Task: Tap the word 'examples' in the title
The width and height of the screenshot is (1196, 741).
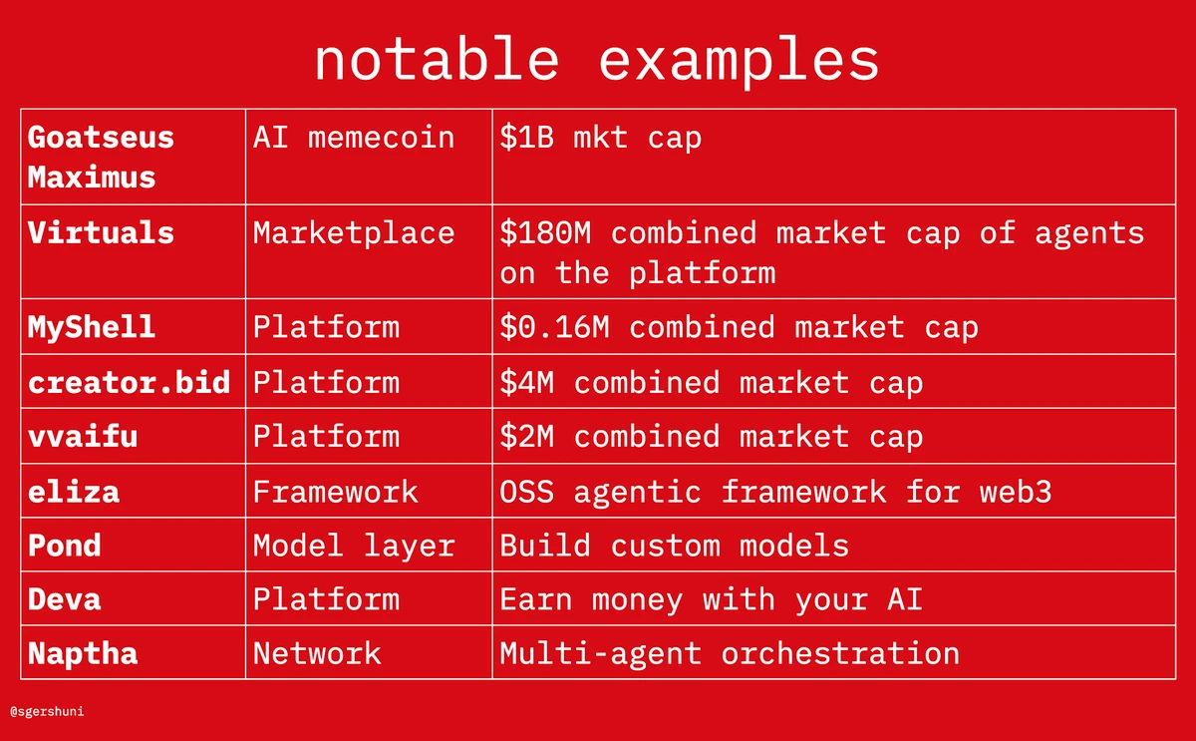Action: click(739, 63)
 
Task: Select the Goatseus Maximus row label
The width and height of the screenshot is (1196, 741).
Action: click(101, 157)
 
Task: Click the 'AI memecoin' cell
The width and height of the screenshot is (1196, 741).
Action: click(354, 138)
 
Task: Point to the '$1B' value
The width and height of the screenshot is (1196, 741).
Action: click(526, 138)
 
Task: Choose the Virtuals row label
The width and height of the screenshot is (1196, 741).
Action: click(101, 233)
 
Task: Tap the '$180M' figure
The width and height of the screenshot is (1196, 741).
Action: click(545, 233)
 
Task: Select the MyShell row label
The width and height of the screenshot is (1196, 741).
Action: click(92, 328)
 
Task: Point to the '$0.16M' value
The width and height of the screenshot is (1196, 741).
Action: click(554, 327)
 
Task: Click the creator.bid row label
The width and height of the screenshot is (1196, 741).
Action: click(129, 383)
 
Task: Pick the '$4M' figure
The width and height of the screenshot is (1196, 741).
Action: click(526, 383)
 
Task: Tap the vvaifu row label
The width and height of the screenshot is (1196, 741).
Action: click(83, 436)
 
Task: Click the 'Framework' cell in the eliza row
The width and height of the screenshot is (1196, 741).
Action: click(335, 492)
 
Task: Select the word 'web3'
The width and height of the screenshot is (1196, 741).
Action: click(1016, 491)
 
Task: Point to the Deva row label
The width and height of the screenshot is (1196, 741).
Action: click(64, 599)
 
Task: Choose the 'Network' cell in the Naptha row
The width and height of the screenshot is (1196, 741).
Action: click(317, 653)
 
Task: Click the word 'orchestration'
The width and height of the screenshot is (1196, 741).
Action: click(840, 653)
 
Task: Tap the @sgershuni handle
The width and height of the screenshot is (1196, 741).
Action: click(47, 712)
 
